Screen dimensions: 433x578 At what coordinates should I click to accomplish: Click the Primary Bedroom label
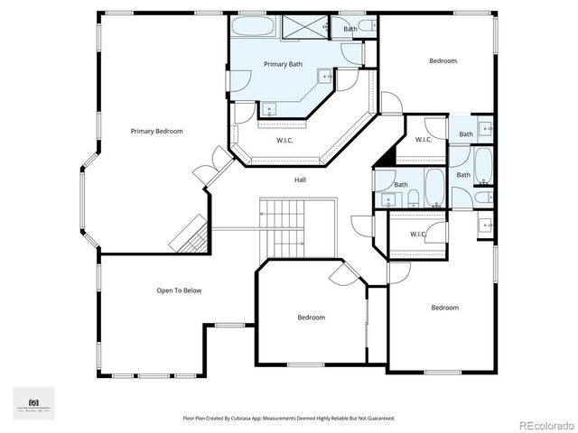156,131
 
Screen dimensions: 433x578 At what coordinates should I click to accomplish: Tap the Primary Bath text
283,64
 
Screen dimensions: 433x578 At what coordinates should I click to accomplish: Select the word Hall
300,180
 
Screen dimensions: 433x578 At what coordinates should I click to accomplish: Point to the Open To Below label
179,290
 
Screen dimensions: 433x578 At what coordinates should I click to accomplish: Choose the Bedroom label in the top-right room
443,60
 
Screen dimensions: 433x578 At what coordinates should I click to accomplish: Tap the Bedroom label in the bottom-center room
312,317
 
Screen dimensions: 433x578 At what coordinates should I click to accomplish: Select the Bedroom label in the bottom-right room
444,308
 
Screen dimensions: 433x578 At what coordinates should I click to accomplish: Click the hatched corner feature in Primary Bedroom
191,235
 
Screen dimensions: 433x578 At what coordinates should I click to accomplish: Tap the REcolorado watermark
545,424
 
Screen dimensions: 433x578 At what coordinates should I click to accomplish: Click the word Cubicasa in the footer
242,419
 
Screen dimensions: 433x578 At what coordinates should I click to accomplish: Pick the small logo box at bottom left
33,402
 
